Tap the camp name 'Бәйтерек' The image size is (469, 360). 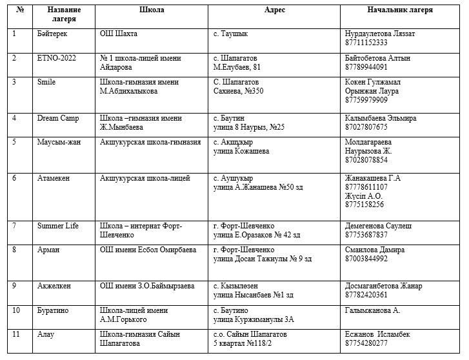[x=52, y=34]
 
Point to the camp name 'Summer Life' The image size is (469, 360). [x=58, y=226]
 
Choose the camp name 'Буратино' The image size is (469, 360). [x=53, y=310]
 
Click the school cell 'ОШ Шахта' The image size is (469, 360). [x=119, y=34]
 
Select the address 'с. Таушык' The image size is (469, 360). [x=230, y=34]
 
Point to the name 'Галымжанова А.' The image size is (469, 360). [x=374, y=310]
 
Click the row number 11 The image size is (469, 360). [x=17, y=334]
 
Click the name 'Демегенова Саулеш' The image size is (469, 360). [x=379, y=226]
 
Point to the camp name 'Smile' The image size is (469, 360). [x=47, y=82]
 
